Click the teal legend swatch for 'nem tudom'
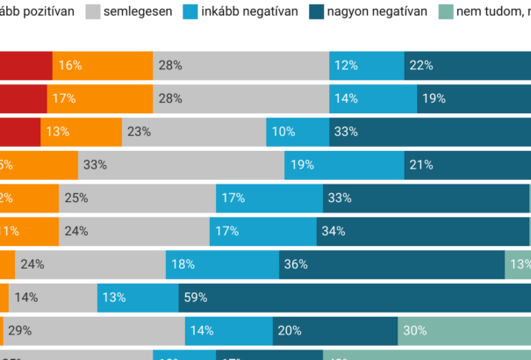(445, 11)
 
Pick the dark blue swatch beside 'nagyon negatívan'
(319, 11)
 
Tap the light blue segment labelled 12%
(367, 66)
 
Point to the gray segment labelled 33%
(181, 165)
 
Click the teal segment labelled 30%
(464, 331)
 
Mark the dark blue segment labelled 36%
(391, 264)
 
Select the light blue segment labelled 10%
(298, 132)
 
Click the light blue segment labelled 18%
(222, 264)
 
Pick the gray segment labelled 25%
(137, 198)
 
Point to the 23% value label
(139, 132)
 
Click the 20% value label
(289, 331)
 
